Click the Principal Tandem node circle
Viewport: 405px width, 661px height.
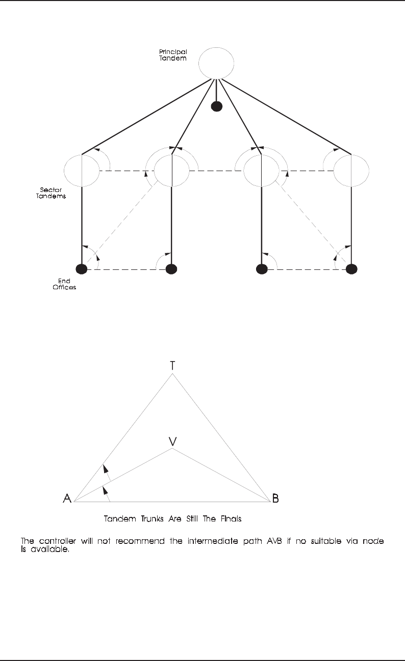click(x=216, y=63)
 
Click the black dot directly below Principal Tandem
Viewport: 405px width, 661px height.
click(x=217, y=106)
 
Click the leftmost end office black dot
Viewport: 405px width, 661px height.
click(x=82, y=268)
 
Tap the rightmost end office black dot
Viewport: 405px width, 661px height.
click(x=351, y=268)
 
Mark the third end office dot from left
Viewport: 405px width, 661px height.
click(x=262, y=268)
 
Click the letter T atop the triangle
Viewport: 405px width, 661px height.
click(x=173, y=365)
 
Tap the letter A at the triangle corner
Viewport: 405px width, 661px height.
click(x=67, y=498)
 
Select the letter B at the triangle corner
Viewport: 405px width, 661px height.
click(x=275, y=498)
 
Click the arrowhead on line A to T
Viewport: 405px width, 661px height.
click(x=104, y=468)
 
